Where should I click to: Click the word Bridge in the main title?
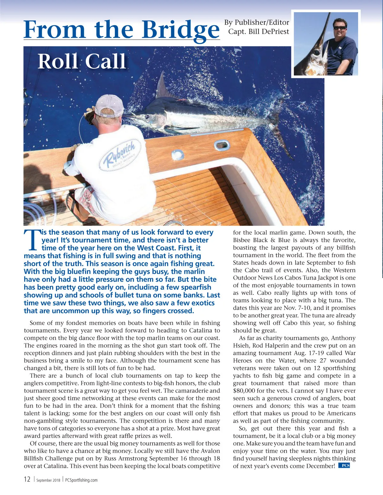point(181,30)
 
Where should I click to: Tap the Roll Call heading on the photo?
point(82,61)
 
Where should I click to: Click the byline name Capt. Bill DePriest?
point(259,32)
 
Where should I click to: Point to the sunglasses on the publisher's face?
point(339,28)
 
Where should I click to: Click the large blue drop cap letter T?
point(32,240)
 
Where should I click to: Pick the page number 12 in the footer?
point(27,479)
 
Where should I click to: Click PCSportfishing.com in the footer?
point(81,480)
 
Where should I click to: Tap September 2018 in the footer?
point(48,480)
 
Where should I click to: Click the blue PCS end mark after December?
point(344,466)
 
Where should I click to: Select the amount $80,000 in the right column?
point(245,391)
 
